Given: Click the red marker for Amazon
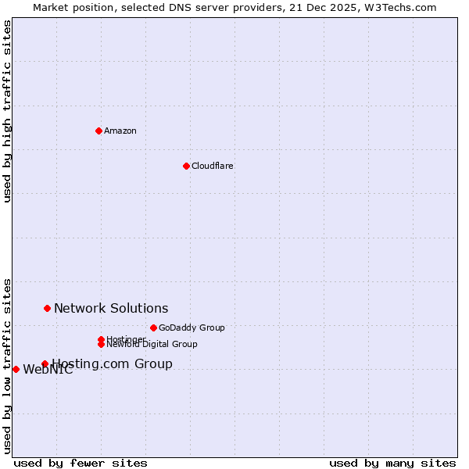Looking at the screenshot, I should point(98,131).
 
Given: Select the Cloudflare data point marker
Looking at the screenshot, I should point(186,166).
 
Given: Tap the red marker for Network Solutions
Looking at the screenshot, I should point(47,308).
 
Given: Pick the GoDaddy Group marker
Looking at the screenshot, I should point(153,328).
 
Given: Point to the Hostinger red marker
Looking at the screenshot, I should point(101,339).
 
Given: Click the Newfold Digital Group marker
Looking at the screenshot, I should point(101,344).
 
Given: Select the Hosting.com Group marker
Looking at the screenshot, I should point(45,363).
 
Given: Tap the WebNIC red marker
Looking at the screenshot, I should point(16,369).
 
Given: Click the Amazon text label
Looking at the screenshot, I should point(120,131).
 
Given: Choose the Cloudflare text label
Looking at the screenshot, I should point(213,166).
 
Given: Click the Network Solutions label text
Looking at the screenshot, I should point(111,308).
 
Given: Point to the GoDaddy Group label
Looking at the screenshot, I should point(192,328).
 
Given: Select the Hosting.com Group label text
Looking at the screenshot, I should point(112,363).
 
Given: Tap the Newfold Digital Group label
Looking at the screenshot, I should point(152,344).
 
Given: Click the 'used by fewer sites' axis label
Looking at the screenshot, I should point(81,463).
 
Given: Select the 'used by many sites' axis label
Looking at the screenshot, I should point(392,463).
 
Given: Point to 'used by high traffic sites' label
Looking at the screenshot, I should point(7,111).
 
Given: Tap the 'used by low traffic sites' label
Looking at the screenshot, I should point(7,365).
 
